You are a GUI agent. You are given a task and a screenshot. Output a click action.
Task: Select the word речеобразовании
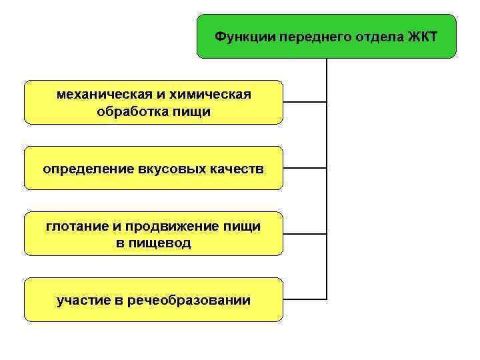tap(188, 301)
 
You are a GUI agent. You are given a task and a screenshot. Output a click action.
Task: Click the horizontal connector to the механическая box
tap(305, 102)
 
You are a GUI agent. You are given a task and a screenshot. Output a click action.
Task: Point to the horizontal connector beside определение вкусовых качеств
tap(305, 168)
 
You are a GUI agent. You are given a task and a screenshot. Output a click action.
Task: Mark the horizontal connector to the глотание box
tap(305, 233)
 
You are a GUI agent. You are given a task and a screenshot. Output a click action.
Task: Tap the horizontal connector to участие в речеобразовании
tap(305, 298)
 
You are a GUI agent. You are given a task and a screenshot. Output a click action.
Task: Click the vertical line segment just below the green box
tap(327, 73)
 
